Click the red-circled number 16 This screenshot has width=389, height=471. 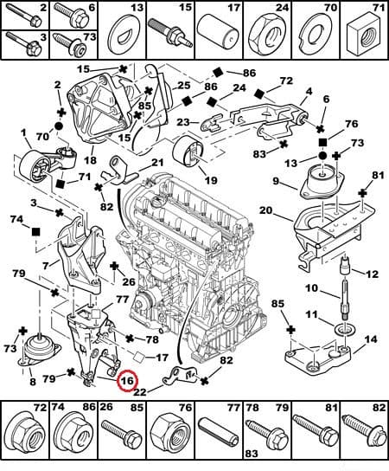point(128,379)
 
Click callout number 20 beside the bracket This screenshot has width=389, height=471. point(265,210)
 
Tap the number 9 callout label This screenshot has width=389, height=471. point(276,182)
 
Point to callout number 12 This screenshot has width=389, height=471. point(372,274)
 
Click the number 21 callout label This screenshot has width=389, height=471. point(156,163)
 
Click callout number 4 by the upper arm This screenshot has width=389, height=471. point(309,90)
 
